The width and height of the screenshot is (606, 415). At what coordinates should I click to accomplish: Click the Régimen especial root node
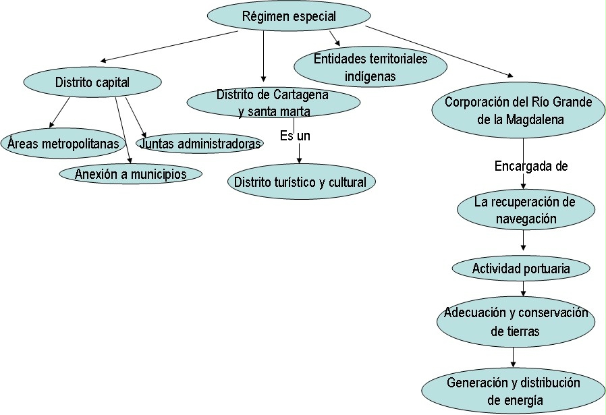[288, 16]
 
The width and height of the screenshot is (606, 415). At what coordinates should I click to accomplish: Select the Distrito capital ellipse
[92, 82]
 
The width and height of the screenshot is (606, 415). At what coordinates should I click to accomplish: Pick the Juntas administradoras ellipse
[200, 144]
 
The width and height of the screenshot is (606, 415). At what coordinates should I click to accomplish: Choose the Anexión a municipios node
[131, 173]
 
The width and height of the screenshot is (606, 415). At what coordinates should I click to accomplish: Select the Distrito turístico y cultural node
[300, 182]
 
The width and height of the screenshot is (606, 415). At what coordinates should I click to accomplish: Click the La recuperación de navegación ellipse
[526, 210]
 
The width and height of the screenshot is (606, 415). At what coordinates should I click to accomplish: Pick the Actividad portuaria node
[521, 269]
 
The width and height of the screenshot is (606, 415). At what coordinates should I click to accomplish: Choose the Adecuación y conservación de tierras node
[516, 322]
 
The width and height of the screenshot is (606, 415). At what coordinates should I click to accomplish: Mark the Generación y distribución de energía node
[514, 391]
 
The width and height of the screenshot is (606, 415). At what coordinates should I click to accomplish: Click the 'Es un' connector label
[295, 136]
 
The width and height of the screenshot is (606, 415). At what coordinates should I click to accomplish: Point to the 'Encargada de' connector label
[531, 166]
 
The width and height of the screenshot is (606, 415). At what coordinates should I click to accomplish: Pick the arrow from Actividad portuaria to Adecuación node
[524, 287]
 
